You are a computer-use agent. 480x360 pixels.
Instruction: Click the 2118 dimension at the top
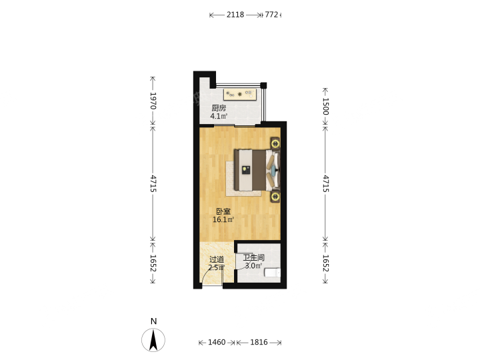pyautogui.click(x=235, y=15)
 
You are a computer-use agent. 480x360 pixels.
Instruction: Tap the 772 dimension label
pyautogui.click(x=271, y=15)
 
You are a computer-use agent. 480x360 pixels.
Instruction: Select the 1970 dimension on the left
pyautogui.click(x=153, y=101)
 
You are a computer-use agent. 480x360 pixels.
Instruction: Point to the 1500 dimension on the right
pyautogui.click(x=325, y=106)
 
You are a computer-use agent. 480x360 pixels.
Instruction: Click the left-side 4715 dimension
pyautogui.click(x=153, y=184)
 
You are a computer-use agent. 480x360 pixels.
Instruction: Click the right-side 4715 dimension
pyautogui.click(x=325, y=184)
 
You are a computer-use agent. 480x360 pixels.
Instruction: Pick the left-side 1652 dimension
pyautogui.click(x=153, y=263)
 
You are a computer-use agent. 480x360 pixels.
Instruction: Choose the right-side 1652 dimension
pyautogui.click(x=325, y=263)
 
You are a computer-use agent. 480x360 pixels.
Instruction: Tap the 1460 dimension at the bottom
pyautogui.click(x=217, y=342)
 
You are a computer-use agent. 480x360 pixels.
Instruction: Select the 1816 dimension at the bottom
pyautogui.click(x=259, y=342)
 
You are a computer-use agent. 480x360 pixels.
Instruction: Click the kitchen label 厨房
pyautogui.click(x=219, y=108)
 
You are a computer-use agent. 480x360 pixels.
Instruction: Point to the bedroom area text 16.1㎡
pyautogui.click(x=223, y=219)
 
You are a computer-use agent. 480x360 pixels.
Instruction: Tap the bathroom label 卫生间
pyautogui.click(x=254, y=258)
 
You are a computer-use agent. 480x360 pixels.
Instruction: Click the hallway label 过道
pyautogui.click(x=217, y=259)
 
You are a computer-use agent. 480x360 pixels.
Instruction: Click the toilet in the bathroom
pyautogui.click(x=273, y=273)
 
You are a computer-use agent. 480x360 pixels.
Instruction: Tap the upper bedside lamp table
pyautogui.click(x=275, y=143)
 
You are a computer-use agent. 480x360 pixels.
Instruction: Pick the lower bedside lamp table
pyautogui.click(x=275, y=196)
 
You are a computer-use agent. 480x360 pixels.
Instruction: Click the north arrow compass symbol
pyautogui.click(x=153, y=340)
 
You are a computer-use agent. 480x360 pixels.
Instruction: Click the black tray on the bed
pyautogui.click(x=246, y=170)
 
